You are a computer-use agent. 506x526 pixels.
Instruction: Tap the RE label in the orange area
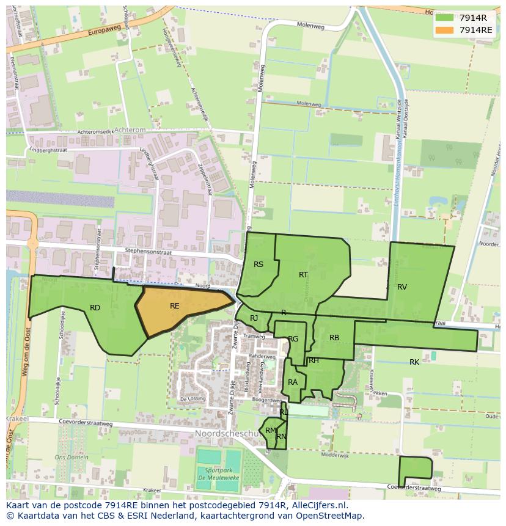click(175, 305)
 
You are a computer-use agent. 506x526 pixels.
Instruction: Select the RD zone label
click(95, 308)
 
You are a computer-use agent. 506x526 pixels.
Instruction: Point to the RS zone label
click(258, 264)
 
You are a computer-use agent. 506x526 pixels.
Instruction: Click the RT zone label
click(303, 274)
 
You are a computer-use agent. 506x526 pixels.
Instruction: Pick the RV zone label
click(402, 287)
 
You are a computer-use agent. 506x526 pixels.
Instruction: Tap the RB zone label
click(334, 337)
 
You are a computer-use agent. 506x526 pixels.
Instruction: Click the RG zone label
click(293, 338)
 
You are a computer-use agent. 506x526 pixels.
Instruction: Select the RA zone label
click(293, 382)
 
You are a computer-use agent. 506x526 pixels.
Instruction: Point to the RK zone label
click(414, 362)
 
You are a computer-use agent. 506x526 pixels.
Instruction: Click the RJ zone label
click(254, 318)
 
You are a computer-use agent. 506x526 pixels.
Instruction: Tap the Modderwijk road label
click(334, 456)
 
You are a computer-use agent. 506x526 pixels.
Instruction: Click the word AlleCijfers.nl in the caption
click(318, 506)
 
